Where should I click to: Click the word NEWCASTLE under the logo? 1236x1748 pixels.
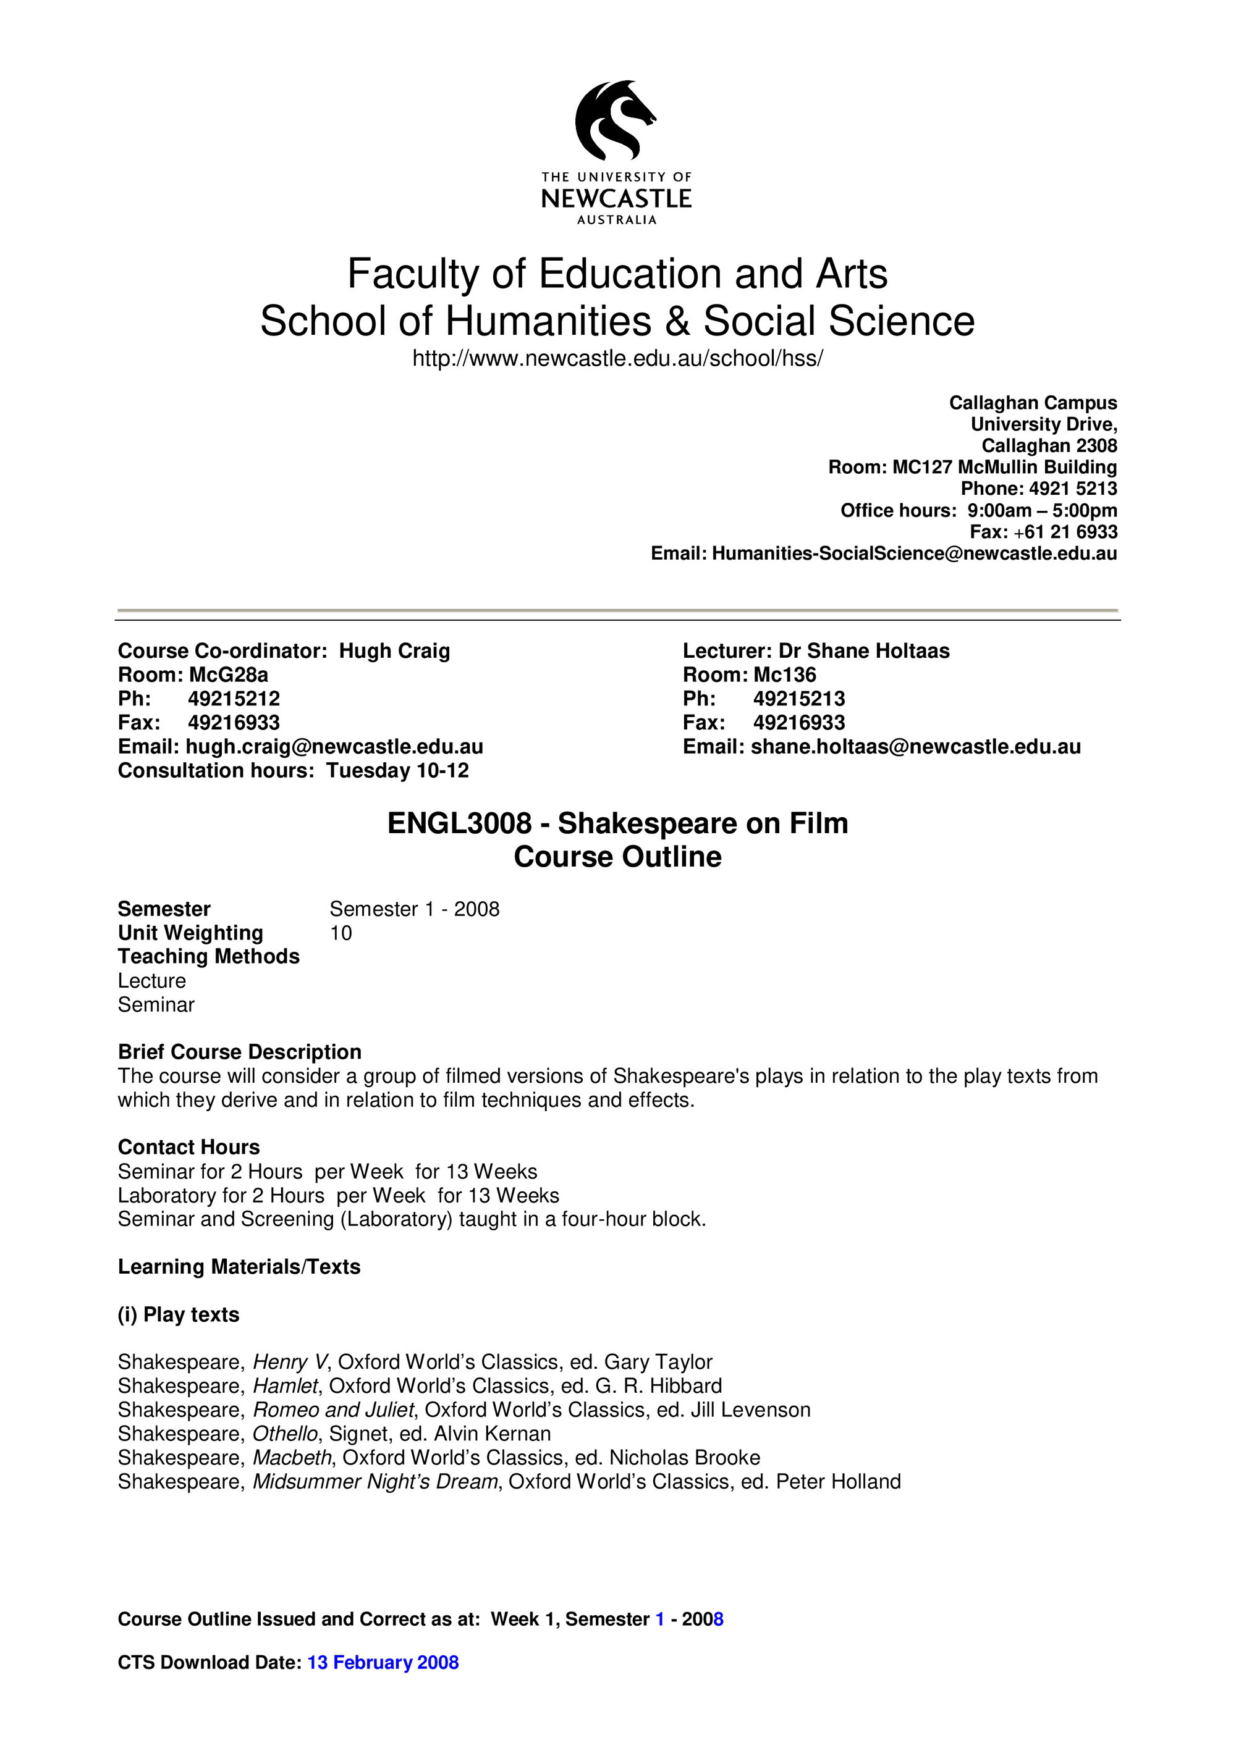(x=616, y=199)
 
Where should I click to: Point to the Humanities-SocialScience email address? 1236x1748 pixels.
(x=914, y=553)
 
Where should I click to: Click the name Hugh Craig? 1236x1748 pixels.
(x=394, y=651)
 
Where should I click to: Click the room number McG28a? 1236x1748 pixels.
(x=229, y=674)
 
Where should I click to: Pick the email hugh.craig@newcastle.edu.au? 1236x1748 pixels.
(x=334, y=746)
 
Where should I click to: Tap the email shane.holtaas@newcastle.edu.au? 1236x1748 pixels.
(x=915, y=746)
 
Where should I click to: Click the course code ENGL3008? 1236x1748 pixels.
(x=459, y=823)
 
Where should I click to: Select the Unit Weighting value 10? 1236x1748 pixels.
(x=341, y=933)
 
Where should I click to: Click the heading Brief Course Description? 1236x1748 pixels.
(x=240, y=1051)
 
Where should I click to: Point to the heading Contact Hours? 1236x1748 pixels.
(x=189, y=1146)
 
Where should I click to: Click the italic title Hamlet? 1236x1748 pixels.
(x=285, y=1385)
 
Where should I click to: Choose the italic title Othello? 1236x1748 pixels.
(x=286, y=1433)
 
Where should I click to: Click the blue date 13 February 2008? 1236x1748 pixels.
(x=383, y=1662)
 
